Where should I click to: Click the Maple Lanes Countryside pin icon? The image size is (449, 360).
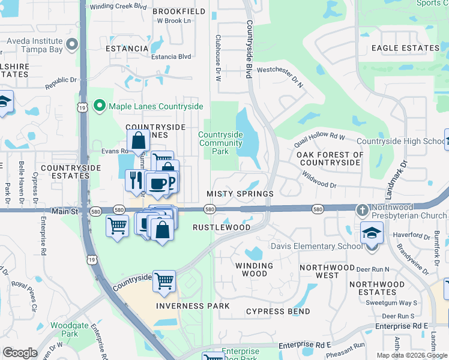tap(100, 107)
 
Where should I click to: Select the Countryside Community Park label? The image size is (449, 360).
tap(220, 143)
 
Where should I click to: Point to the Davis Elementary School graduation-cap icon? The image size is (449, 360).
tap(372, 232)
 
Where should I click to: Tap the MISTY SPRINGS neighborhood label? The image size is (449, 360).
tap(240, 194)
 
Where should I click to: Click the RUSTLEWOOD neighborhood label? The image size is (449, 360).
tap(221, 228)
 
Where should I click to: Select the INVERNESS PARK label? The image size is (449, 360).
tap(193, 306)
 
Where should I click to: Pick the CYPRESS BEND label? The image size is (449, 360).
tap(279, 312)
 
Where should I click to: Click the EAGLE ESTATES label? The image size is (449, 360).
tap(405, 48)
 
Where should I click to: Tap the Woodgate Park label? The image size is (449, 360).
tap(65, 329)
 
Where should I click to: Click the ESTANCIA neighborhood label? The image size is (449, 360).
tap(127, 49)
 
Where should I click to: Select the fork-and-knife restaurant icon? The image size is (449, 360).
tap(135, 179)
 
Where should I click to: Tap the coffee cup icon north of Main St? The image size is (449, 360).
tap(157, 184)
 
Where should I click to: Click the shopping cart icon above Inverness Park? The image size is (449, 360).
tap(164, 280)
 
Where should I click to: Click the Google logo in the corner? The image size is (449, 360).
tap(20, 353)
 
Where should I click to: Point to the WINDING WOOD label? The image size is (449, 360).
tap(255, 269)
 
